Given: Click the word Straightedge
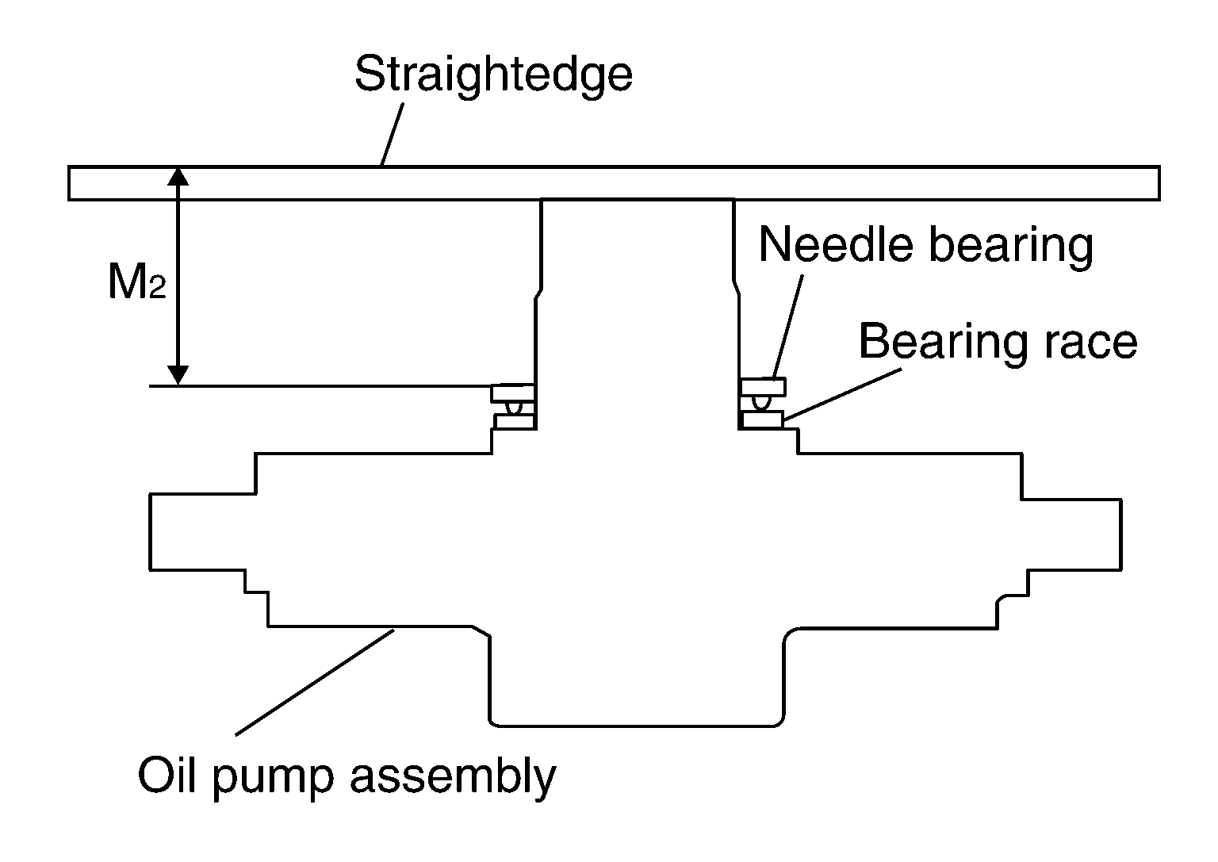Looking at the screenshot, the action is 494,76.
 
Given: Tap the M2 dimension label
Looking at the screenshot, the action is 137,281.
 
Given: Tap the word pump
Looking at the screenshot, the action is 273,780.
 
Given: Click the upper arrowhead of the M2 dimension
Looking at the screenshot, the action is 178,177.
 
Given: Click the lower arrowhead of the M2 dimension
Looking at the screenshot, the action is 178,375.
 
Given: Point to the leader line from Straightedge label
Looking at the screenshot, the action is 393,134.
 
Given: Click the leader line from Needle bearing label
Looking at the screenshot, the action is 788,326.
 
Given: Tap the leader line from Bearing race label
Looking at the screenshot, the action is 842,394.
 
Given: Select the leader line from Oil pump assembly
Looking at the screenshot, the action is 315,682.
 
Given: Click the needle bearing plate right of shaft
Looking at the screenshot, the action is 764,387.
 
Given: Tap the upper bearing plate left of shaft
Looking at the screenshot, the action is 513,393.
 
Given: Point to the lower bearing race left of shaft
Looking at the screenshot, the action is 515,422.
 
